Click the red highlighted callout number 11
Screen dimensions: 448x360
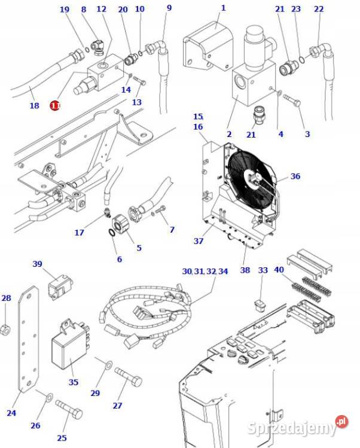pyautogui.click(x=55, y=105)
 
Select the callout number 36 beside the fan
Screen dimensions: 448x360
pyautogui.click(x=295, y=176)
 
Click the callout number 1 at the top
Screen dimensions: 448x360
pyautogui.click(x=223, y=8)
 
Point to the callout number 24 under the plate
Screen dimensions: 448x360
pyautogui.click(x=11, y=413)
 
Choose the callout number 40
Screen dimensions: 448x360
pyautogui.click(x=279, y=270)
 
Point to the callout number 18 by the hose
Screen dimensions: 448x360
pyautogui.click(x=34, y=106)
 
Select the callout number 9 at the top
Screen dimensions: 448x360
pyautogui.click(x=169, y=8)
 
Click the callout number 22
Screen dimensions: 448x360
pyautogui.click(x=318, y=9)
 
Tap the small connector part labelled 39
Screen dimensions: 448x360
pyautogui.click(x=58, y=287)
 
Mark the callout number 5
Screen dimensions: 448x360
pyautogui.click(x=139, y=248)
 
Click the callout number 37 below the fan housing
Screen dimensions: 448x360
pyautogui.click(x=198, y=241)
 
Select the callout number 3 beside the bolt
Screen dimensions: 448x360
pyautogui.click(x=307, y=134)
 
